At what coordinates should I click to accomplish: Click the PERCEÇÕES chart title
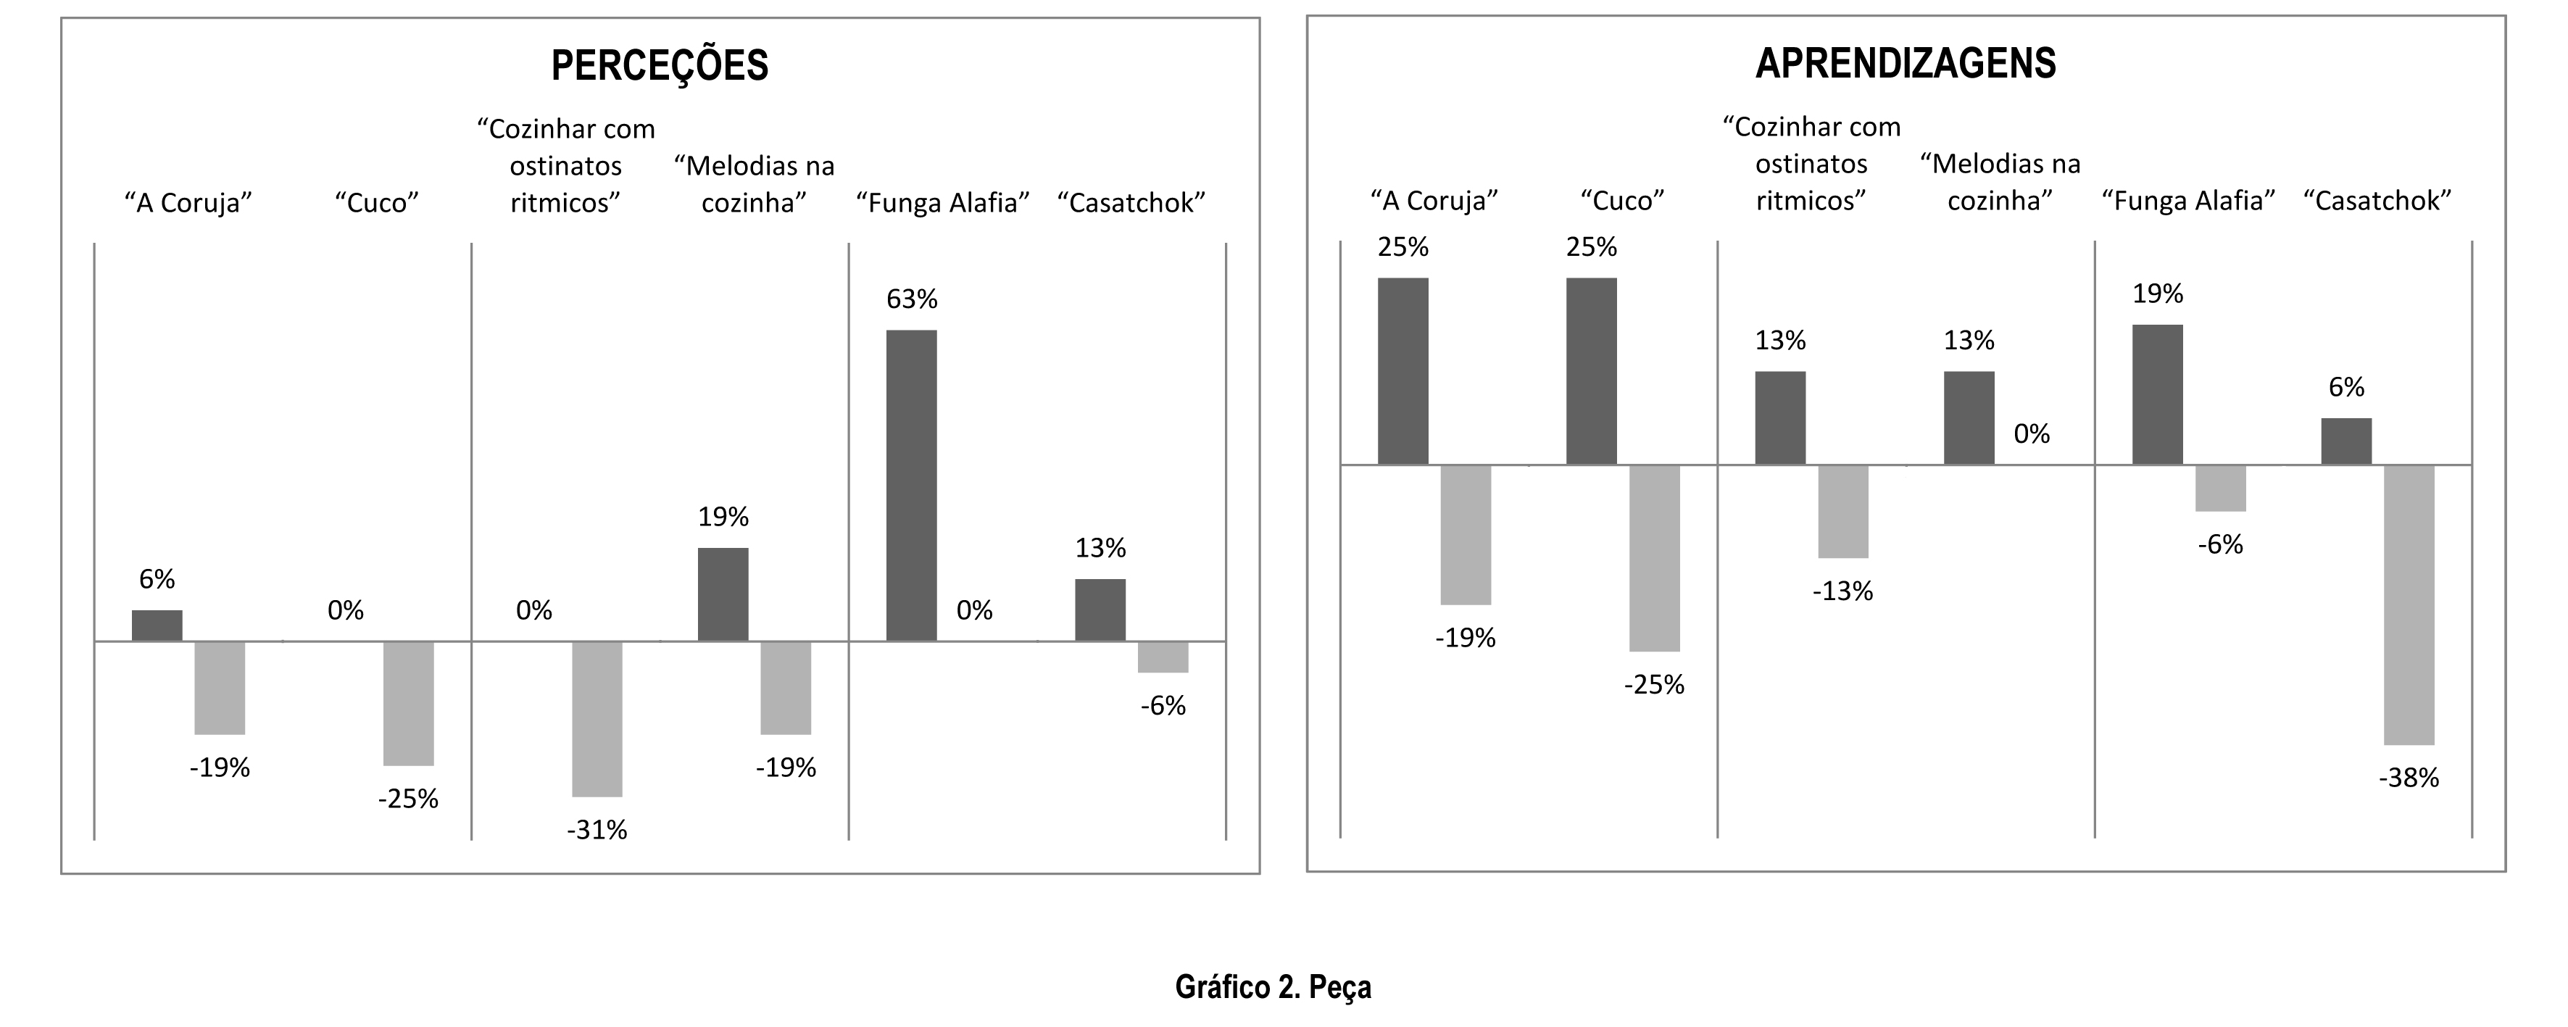[x=660, y=66]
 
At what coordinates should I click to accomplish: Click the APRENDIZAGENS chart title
[x=1905, y=64]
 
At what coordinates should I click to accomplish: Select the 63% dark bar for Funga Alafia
[x=911, y=485]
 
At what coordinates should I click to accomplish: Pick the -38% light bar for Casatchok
[x=2409, y=604]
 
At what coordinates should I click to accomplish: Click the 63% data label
[x=911, y=299]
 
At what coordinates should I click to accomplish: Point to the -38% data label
[x=2409, y=778]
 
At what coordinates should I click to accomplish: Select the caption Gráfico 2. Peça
[x=1273, y=986]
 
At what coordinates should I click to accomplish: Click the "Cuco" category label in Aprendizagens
[x=1622, y=201]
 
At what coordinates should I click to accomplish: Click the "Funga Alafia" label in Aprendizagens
[x=2188, y=201]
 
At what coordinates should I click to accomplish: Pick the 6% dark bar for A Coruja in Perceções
[x=157, y=625]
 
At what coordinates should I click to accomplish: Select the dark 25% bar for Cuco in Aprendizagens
[x=1591, y=371]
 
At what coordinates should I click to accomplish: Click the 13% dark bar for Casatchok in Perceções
[x=1100, y=610]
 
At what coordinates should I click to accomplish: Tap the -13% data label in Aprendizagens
[x=1842, y=591]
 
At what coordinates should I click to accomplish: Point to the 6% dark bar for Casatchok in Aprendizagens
[x=2345, y=441]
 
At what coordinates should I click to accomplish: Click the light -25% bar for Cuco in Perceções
[x=408, y=703]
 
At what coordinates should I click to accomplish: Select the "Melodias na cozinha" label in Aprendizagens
[x=2000, y=183]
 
